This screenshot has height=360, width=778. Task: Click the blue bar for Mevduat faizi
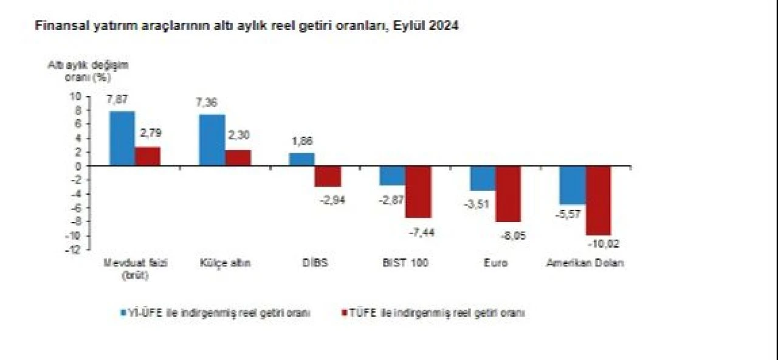pyautogui.click(x=122, y=138)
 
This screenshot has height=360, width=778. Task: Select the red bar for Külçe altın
pyautogui.click(x=238, y=157)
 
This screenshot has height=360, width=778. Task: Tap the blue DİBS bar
pyautogui.click(x=301, y=159)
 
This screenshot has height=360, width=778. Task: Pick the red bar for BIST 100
pyautogui.click(x=418, y=192)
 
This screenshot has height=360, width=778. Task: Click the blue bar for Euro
pyautogui.click(x=483, y=178)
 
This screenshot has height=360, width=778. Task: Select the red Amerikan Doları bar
pyautogui.click(x=598, y=200)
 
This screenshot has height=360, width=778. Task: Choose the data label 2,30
pyautogui.click(x=238, y=135)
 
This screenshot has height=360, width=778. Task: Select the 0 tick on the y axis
pyautogui.click(x=78, y=166)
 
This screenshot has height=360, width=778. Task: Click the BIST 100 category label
pyautogui.click(x=405, y=263)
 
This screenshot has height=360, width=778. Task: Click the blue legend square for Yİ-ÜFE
pyautogui.click(x=123, y=313)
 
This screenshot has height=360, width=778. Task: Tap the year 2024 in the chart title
pyautogui.click(x=444, y=26)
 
